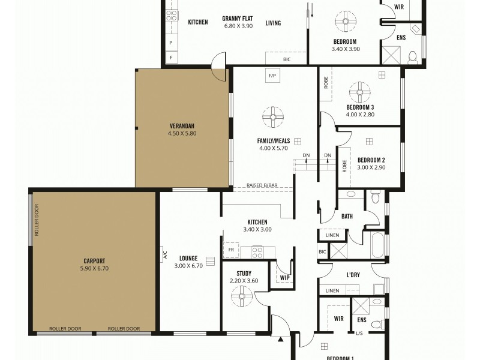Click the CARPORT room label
click(x=95, y=261)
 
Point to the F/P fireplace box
click(x=272, y=76)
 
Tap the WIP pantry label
click(x=284, y=278)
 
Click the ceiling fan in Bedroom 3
click(x=360, y=92)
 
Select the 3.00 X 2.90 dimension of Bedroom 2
click(x=371, y=167)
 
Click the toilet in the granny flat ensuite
click(x=412, y=58)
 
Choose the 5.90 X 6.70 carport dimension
click(x=95, y=269)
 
